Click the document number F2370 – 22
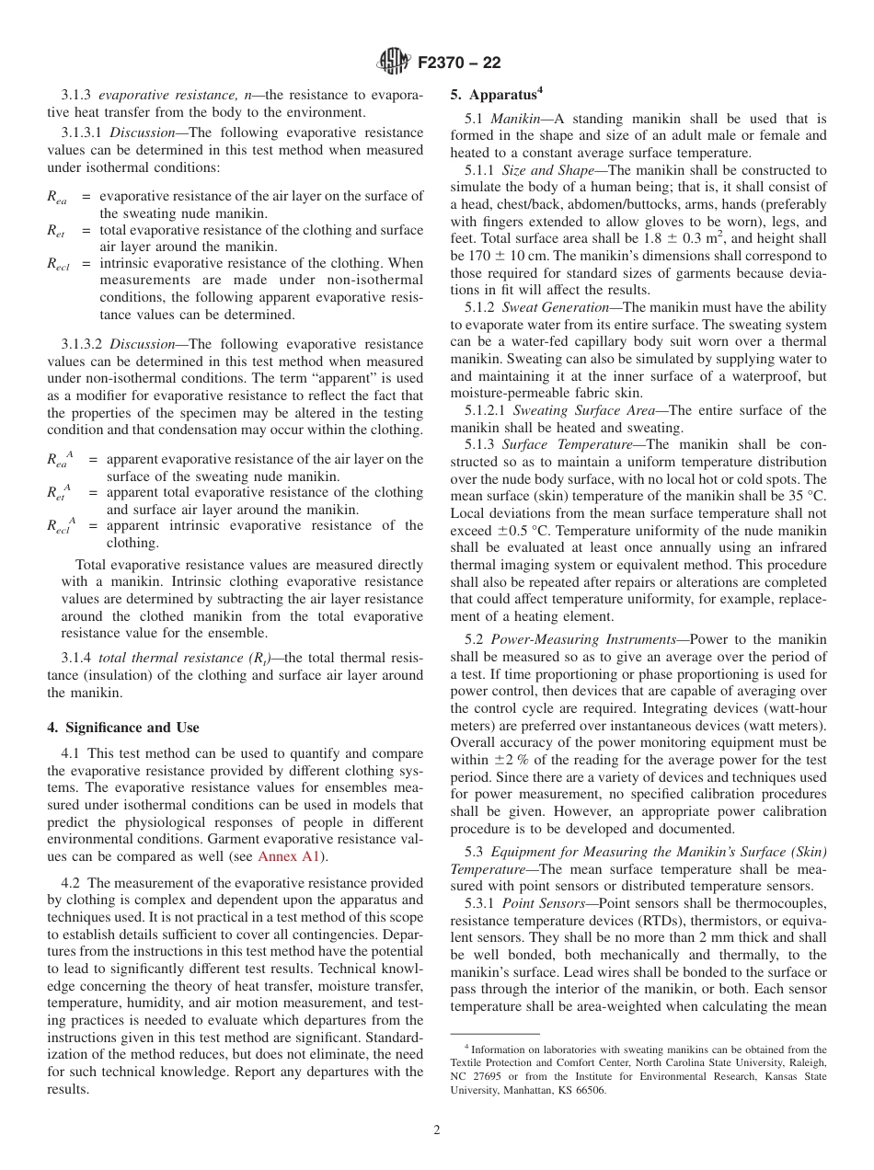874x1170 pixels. (459, 63)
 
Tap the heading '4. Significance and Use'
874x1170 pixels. (123, 727)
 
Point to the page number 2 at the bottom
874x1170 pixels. (437, 1130)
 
